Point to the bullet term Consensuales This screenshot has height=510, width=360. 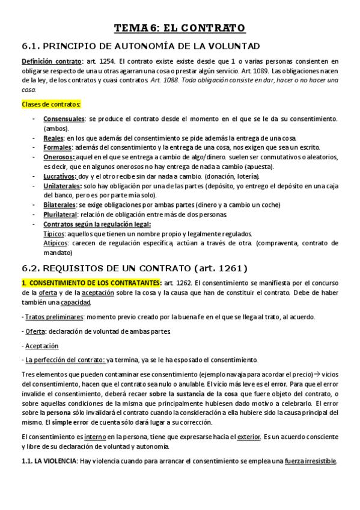click(x=63, y=120)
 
